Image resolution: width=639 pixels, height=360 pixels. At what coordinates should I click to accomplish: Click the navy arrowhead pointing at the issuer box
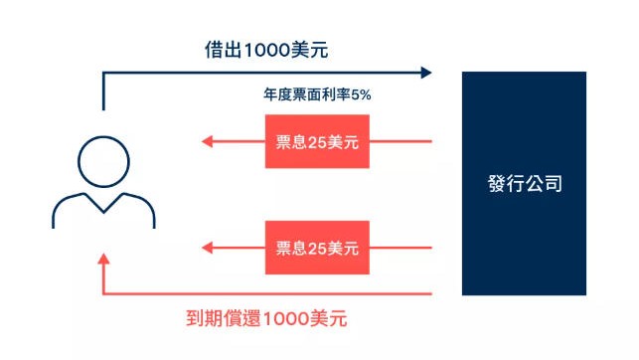426,72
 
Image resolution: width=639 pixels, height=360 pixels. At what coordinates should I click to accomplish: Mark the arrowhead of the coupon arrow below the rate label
208,141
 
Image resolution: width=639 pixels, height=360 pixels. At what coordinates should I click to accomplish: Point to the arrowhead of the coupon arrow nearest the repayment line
208,247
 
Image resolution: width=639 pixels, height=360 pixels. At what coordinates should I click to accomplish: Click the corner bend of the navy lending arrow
102,73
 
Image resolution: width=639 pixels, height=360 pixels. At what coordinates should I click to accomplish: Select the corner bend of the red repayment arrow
102,293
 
